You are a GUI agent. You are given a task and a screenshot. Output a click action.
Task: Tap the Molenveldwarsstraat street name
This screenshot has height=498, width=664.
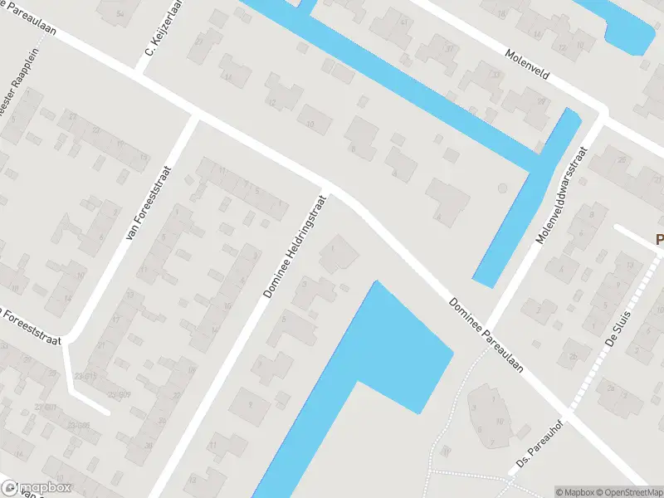click(561, 196)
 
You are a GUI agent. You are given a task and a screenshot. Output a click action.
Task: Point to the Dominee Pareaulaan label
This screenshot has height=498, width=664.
click(486, 334)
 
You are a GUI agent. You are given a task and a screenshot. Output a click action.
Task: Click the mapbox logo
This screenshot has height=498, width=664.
click(37, 488)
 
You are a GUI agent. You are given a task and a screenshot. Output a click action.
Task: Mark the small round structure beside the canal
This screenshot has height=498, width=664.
click(501, 189)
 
